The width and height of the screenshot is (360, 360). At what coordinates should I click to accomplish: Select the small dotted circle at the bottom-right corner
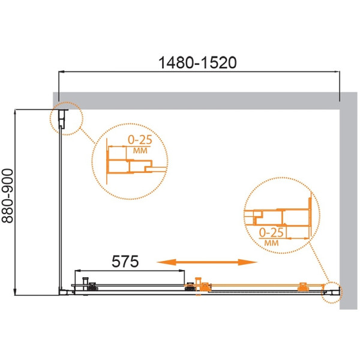(331, 292)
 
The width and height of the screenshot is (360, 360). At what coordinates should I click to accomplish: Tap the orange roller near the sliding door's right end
(302, 285)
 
